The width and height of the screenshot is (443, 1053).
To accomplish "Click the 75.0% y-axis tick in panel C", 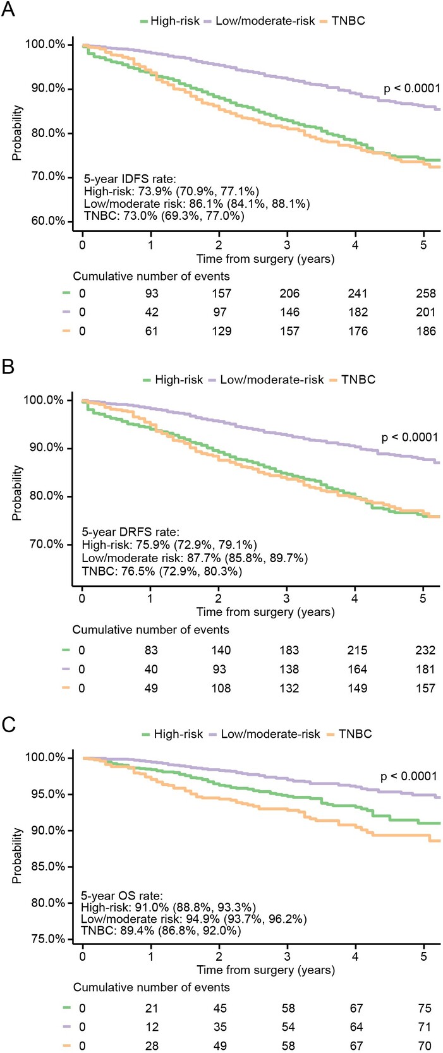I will [x=46, y=939].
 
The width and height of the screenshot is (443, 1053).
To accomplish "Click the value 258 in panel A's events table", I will [x=426, y=293].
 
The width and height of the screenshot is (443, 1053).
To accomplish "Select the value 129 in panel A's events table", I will [x=221, y=331].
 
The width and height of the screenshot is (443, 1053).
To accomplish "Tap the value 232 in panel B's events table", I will [x=425, y=650].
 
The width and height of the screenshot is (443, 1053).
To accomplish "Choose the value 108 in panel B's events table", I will [x=221, y=688].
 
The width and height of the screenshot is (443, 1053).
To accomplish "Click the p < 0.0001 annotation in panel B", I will [x=410, y=437].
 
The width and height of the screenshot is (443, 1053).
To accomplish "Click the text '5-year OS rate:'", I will [x=122, y=896].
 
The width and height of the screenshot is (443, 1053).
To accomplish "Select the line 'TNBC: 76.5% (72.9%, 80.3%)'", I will [x=162, y=572].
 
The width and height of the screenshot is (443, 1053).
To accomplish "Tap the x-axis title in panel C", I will [x=265, y=970].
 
